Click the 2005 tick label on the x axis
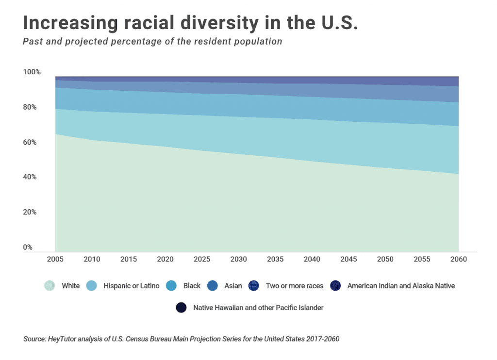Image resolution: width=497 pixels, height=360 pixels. click(x=55, y=260)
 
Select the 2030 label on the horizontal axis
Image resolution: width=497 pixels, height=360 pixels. click(x=239, y=260)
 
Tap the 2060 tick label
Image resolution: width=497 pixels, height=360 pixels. click(x=458, y=260)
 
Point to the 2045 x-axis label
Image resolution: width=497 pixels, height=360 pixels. click(x=348, y=260)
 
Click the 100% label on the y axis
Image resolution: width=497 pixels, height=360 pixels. click(x=32, y=72)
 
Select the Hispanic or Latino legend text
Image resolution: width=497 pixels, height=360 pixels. click(x=132, y=286)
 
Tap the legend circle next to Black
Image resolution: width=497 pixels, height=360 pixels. click(x=171, y=286)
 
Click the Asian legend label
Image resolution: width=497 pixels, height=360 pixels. click(x=233, y=286)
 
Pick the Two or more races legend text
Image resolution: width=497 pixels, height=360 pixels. click(x=295, y=286)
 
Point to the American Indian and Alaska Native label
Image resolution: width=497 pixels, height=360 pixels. click(x=401, y=286)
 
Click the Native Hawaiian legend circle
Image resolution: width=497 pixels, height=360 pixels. click(x=181, y=308)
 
